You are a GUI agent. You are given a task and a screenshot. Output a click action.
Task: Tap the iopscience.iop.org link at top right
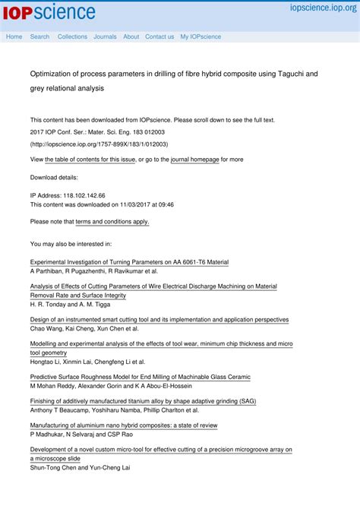pos(322,8)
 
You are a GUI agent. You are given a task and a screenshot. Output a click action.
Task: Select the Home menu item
pos(14,36)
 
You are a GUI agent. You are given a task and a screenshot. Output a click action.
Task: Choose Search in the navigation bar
pos(39,36)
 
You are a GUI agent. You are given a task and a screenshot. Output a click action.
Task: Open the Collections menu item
pos(72,36)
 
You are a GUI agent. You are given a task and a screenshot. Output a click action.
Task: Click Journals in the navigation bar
pos(105,36)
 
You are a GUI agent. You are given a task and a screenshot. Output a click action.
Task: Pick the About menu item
pos(131,36)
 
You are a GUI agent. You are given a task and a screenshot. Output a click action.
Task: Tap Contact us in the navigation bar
pos(159,36)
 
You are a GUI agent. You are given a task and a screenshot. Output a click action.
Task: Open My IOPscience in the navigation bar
pos(201,36)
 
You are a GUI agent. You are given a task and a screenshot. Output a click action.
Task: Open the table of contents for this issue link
pos(90,160)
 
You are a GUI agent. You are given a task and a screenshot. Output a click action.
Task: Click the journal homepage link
pos(195,160)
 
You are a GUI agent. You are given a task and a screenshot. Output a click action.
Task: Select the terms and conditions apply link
pos(112,222)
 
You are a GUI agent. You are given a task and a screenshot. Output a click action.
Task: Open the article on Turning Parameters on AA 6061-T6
pos(129,262)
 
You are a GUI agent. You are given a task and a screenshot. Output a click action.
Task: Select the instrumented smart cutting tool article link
pos(159,320)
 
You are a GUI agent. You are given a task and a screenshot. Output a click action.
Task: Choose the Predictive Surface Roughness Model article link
pos(140,377)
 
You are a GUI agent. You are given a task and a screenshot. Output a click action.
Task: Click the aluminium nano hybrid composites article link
pos(124,425)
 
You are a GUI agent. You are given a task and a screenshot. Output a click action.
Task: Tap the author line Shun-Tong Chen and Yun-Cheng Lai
pos(80,467)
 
